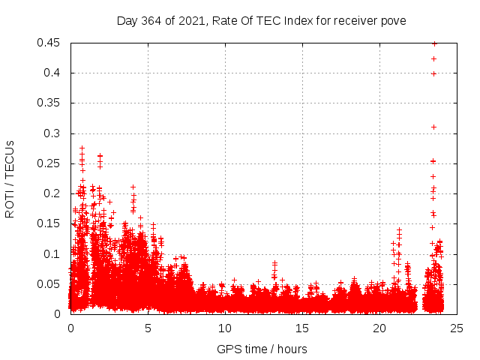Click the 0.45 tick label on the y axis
[x=51, y=43]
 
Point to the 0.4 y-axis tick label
[x=54, y=73]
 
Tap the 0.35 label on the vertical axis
[x=51, y=103]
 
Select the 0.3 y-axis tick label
[x=54, y=133]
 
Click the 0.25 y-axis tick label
[x=51, y=163]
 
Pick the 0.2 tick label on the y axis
[x=54, y=193]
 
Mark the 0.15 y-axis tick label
[x=51, y=223]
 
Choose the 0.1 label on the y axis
[x=54, y=253]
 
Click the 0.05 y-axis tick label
[x=51, y=283]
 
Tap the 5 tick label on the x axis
[x=148, y=328]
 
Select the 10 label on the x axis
[x=225, y=328]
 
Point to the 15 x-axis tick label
[x=302, y=328]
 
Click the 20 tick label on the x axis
[x=379, y=328]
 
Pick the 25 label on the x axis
[x=457, y=328]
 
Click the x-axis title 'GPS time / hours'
[x=262, y=349]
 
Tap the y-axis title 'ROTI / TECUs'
[x=10, y=178]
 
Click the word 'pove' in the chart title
[x=393, y=20]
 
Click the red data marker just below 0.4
[x=433, y=73]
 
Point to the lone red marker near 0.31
[x=433, y=127]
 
